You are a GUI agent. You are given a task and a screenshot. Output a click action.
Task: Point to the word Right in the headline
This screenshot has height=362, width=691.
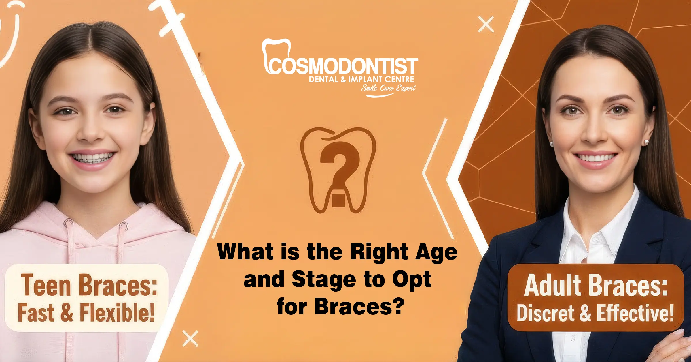tap(380, 252)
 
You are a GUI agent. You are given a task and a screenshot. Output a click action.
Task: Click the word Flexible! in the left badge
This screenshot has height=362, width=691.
tap(117, 313)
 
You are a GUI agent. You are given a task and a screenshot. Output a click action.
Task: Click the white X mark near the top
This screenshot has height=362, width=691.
tap(486, 24)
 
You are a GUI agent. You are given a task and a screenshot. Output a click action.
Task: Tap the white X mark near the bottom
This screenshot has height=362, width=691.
tap(190, 338)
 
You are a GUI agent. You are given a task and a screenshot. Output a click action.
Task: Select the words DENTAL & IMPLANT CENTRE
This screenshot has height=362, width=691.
tap(361, 79)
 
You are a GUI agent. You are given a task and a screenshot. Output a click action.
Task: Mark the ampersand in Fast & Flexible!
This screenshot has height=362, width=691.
tap(67, 313)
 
